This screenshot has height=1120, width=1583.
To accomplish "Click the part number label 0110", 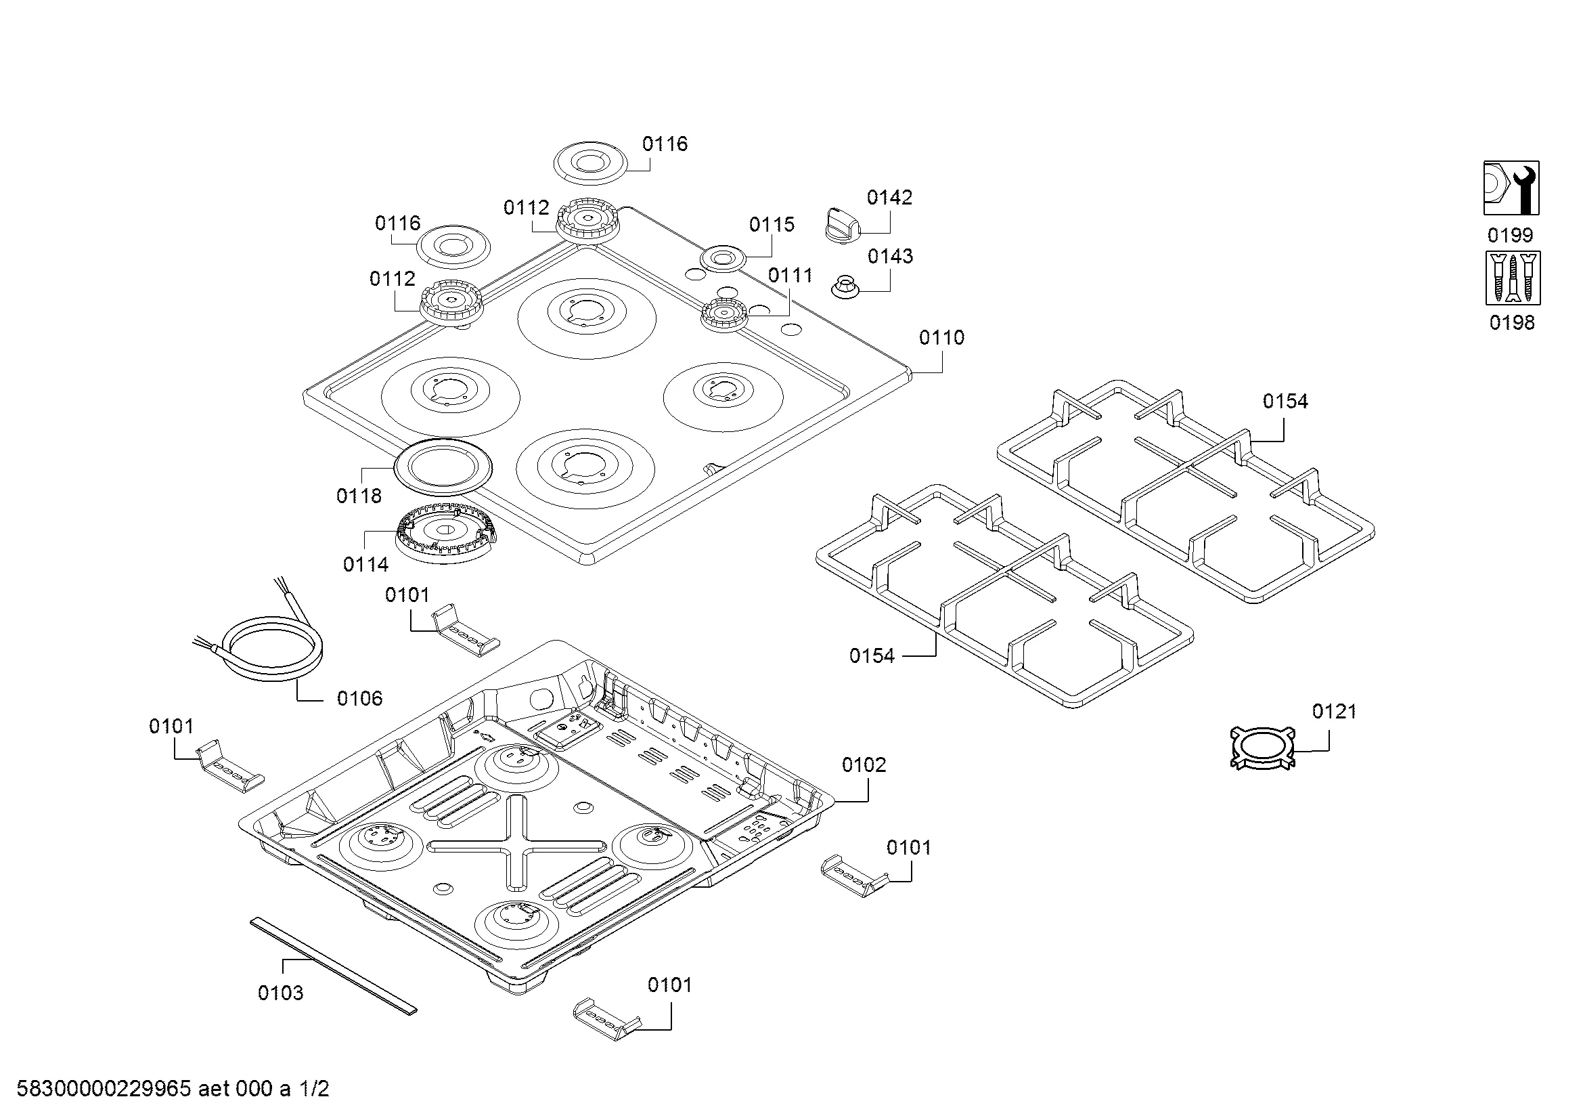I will point(941,338).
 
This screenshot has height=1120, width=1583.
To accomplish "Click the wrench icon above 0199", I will point(1511,188).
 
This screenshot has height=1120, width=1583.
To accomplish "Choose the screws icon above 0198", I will point(1513,278).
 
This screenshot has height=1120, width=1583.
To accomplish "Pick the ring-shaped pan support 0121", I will point(1262,748).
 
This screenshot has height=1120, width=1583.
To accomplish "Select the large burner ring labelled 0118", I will point(444,466).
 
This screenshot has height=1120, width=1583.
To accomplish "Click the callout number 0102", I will point(864,764).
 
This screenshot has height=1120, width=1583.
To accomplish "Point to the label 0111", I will point(790,276).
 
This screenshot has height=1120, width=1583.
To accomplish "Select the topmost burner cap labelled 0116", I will point(590,163).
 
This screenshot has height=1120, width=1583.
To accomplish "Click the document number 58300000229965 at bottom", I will point(104,1089).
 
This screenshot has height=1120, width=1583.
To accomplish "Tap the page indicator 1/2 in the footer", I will point(314,1089).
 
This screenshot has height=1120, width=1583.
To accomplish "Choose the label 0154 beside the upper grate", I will point(1285,402).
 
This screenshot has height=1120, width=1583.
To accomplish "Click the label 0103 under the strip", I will point(281,993).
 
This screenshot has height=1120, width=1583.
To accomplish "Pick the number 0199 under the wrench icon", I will point(1510,236).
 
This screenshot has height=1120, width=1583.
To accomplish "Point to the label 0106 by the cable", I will point(359,699).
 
